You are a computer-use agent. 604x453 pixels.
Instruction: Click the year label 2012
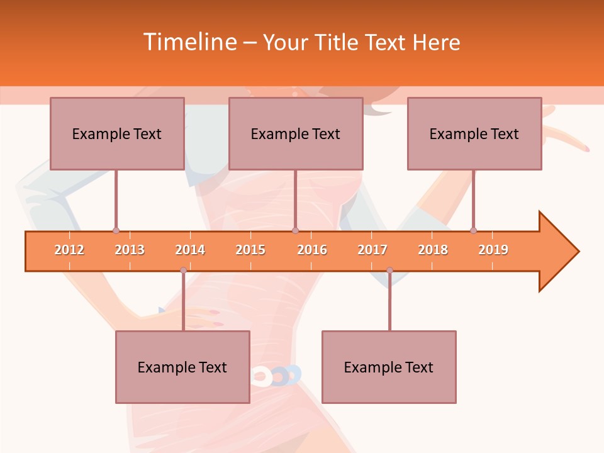[x=69, y=250]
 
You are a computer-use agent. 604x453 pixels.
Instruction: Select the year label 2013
[x=130, y=250]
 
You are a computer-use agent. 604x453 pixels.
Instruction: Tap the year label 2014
[x=190, y=250]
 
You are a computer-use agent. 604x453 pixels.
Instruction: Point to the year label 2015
[x=250, y=250]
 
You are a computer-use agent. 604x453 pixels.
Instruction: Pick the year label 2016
[x=312, y=250]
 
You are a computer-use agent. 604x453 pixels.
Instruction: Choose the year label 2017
[x=372, y=250]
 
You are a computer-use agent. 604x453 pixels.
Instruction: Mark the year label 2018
[x=433, y=250]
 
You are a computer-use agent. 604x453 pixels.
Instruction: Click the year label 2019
[x=493, y=250]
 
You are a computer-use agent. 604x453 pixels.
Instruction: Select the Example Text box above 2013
[x=117, y=133]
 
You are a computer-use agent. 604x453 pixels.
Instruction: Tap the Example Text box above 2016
[x=296, y=133]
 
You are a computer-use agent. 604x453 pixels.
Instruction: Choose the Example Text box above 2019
[x=474, y=133]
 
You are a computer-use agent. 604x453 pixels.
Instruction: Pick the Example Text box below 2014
[x=182, y=367]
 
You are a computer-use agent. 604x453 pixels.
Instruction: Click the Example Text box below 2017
[x=389, y=367]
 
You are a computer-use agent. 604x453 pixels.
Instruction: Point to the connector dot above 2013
[x=116, y=230]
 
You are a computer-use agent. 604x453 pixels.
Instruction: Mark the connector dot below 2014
[x=183, y=270]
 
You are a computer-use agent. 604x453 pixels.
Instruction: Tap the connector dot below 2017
[x=389, y=270]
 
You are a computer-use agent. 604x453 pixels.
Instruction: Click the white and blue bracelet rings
[x=277, y=376]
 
